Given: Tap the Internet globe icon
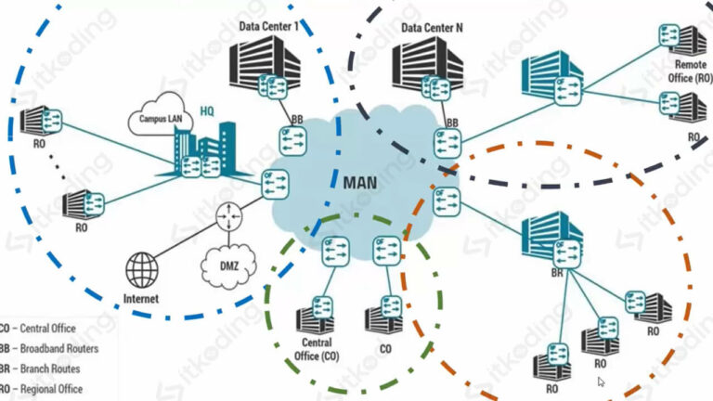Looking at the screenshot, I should (143, 268).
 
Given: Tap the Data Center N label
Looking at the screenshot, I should (433, 29).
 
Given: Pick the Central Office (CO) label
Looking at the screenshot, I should (318, 352).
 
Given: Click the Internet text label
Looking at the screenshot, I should (141, 299).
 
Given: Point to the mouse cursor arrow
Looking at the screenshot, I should (602, 381).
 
